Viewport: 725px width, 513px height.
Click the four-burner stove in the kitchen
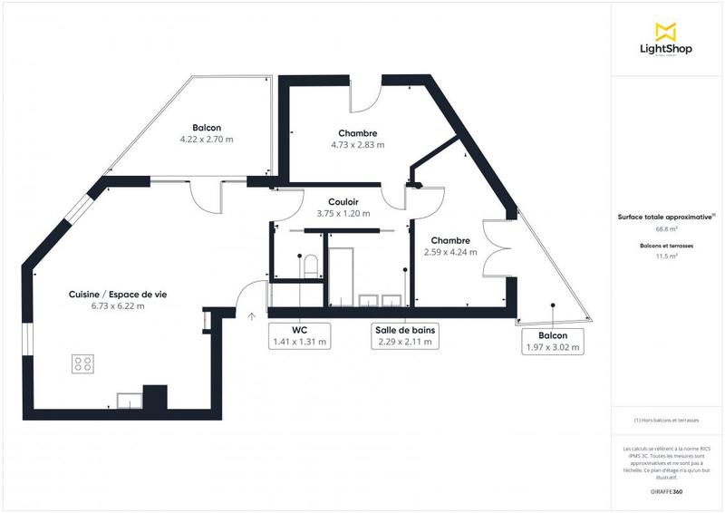[x=83, y=363]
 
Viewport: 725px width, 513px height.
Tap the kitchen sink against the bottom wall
[x=129, y=398]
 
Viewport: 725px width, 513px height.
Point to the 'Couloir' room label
[x=344, y=202]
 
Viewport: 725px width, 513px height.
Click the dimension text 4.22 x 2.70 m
[x=207, y=140]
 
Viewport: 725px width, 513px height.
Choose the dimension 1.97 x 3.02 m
[x=554, y=347]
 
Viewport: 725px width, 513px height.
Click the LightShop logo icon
[x=667, y=32]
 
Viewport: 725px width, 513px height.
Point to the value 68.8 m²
[x=667, y=229]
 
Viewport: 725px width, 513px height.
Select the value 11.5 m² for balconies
[x=667, y=256]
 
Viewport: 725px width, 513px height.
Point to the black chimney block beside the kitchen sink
[x=156, y=398]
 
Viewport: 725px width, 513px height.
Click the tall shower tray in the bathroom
[x=342, y=276]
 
